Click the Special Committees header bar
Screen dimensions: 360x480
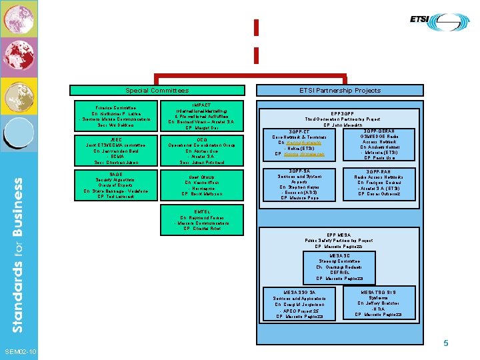point(157,90)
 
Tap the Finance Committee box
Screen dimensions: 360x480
point(115,116)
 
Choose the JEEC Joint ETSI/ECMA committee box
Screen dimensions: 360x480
point(115,151)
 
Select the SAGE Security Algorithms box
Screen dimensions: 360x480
point(115,185)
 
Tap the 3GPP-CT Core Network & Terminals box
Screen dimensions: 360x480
point(299,144)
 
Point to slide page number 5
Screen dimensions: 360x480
point(447,343)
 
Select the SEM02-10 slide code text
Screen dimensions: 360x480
point(20,351)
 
